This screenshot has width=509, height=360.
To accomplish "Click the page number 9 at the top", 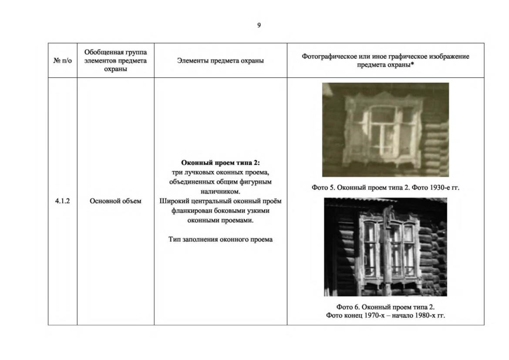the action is (x=259, y=25).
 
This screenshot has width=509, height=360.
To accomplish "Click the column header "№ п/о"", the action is (x=62, y=61).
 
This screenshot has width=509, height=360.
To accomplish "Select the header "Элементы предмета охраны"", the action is (x=220, y=61).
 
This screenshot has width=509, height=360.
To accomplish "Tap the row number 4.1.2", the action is (x=62, y=201).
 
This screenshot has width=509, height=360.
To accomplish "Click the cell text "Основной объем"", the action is (x=116, y=201).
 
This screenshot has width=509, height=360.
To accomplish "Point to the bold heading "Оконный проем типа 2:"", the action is (x=220, y=163).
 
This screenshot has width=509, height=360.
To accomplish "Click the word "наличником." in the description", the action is (x=220, y=191).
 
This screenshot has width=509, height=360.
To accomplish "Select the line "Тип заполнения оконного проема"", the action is (x=220, y=239).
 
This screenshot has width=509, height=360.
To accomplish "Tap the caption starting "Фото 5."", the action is (x=385, y=187).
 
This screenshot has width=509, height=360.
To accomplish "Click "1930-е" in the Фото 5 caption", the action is (x=440, y=187).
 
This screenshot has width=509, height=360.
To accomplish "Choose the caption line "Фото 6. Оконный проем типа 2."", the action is (x=385, y=307).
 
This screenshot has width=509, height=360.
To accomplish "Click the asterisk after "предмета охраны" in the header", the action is (x=412, y=64).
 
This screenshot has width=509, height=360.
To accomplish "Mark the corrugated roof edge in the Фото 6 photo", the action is (x=385, y=200).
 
